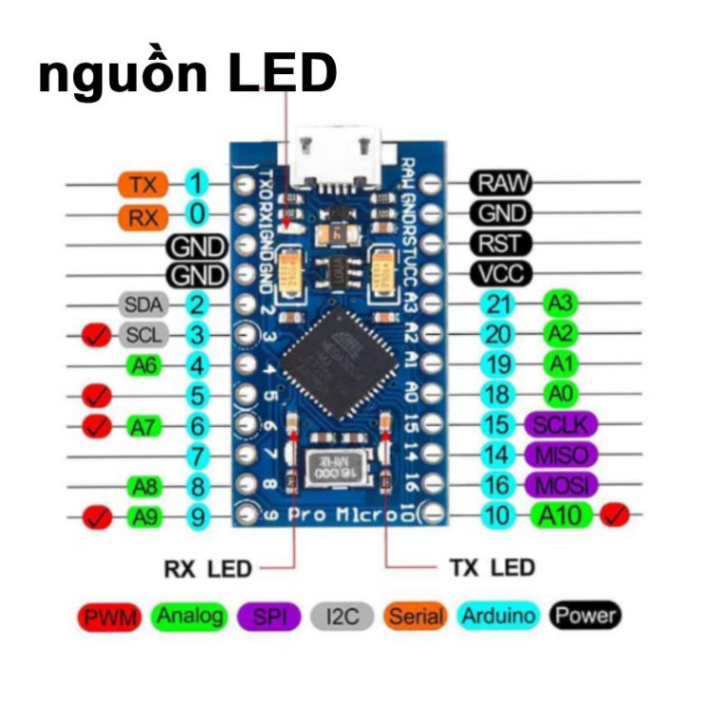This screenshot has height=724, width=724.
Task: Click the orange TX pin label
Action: coord(143,184)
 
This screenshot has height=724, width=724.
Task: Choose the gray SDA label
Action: coord(144,304)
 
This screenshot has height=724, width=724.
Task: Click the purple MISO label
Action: coord(560,455)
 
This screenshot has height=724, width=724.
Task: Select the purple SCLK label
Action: coord(560,424)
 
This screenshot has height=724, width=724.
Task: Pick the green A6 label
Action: coord(145,365)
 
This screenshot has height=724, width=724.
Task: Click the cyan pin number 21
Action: coord(499,304)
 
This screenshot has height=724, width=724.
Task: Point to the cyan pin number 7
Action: coord(197,456)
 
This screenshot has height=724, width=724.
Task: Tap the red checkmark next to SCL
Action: coord(95,335)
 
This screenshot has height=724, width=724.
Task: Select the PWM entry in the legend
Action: coord(109,617)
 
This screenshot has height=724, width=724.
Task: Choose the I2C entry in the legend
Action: coord(342,617)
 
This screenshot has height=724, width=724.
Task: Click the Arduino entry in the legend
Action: coord(499,616)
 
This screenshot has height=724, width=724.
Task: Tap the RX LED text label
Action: coord(207,570)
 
